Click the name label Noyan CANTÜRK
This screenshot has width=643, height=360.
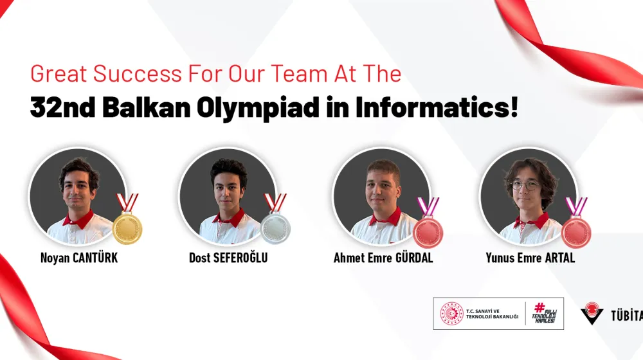pyautogui.click(x=79, y=258)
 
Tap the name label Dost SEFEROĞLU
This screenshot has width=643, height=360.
pyautogui.click(x=228, y=258)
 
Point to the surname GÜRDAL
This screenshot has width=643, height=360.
pyautogui.click(x=413, y=258)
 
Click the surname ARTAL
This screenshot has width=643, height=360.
pyautogui.click(x=560, y=258)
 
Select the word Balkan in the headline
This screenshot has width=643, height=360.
pyautogui.click(x=147, y=108)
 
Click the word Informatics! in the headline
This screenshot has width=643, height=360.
pyautogui.click(x=437, y=108)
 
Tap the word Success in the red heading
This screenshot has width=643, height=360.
pyautogui.click(x=138, y=74)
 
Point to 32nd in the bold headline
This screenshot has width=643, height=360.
pyautogui.click(x=63, y=108)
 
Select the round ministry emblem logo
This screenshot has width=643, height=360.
pyautogui.click(x=451, y=314)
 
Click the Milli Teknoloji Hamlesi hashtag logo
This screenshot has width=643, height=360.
pyautogui.click(x=544, y=313)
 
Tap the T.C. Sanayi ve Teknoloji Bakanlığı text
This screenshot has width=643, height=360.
pyautogui.click(x=492, y=314)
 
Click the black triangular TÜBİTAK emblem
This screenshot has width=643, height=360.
pyautogui.click(x=592, y=314)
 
